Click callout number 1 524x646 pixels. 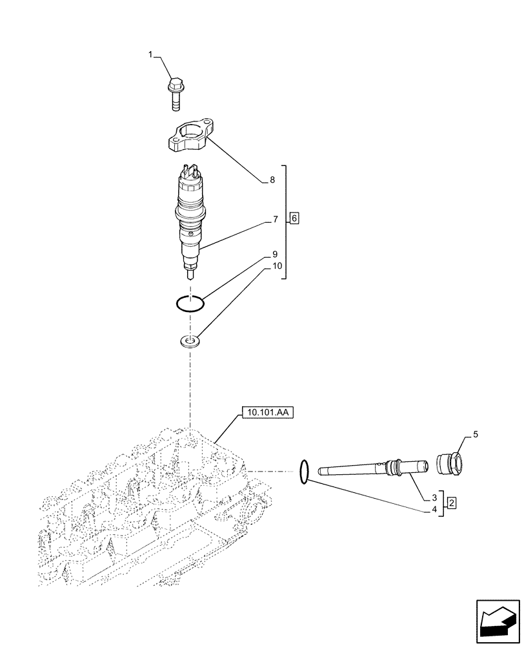(x=151, y=56)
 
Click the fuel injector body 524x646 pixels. (x=190, y=220)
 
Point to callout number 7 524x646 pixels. (x=275, y=220)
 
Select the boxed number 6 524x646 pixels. (x=294, y=219)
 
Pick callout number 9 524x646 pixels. (x=275, y=254)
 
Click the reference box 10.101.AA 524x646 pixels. (x=268, y=412)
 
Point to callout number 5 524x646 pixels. (x=476, y=435)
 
